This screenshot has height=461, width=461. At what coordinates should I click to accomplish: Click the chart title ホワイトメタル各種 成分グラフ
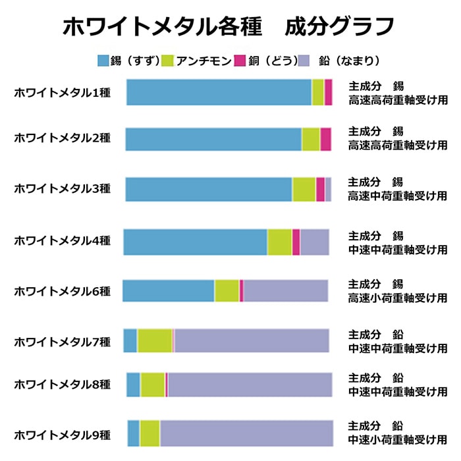point(229,26)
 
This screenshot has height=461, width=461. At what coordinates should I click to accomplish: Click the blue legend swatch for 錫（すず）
point(103,61)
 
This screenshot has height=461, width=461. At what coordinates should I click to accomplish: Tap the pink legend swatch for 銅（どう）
point(240,61)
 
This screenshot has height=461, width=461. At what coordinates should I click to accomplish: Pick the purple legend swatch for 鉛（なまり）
point(304,61)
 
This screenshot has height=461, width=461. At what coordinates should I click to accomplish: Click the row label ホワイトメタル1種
point(63,93)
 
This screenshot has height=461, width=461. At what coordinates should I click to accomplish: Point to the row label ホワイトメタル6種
point(63,290)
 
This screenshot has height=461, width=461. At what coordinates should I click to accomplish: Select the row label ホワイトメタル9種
point(63,435)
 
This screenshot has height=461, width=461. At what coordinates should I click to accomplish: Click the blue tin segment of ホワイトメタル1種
point(218,92)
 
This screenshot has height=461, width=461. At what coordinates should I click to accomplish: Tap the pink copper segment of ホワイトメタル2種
point(325,139)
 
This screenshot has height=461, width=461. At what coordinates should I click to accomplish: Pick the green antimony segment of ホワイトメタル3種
point(304,189)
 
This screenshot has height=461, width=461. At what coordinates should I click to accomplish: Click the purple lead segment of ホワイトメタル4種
point(314,242)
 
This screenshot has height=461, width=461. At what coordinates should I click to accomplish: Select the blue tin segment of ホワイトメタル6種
point(168,290)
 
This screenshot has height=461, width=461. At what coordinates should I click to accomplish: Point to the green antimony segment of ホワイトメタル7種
point(155,340)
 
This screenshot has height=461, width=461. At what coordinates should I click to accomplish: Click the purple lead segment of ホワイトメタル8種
point(250,385)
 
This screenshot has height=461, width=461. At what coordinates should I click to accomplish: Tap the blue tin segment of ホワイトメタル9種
point(133,433)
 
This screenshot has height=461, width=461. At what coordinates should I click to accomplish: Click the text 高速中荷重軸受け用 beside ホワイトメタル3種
point(398,196)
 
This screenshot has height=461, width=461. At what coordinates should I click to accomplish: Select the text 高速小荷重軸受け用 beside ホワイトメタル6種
point(398,298)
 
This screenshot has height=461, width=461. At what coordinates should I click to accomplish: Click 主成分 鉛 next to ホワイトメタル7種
point(375,334)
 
